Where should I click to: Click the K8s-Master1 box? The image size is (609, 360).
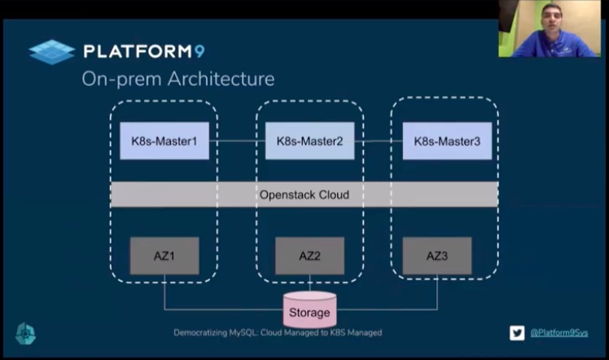coord(164,141)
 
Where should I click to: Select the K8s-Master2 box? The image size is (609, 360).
coord(309,141)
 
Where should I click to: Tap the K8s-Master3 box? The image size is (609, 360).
coord(447,141)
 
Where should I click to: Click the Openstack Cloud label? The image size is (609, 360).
coord(304,195)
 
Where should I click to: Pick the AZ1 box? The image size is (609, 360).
coord(164,256)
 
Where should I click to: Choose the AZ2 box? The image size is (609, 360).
coord(309,256)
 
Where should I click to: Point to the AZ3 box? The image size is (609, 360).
coord(437,256)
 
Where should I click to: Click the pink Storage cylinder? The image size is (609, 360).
coord(309,310)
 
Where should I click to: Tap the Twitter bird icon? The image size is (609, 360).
coord(517,333)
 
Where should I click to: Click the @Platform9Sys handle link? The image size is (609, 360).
coord(559,333)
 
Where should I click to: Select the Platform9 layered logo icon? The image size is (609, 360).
coord(51,51)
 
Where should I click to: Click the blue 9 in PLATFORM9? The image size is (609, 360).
coord(199,51)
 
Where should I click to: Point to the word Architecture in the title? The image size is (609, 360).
coord(221,79)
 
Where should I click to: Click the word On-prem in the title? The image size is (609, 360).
coord(121,80)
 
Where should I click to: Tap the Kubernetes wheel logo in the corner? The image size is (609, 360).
coord(25,333)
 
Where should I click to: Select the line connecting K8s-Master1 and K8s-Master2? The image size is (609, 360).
coord(237,141)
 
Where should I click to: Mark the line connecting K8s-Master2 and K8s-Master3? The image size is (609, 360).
coord(379,141)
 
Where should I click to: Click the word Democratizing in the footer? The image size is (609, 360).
coord(200,333)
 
